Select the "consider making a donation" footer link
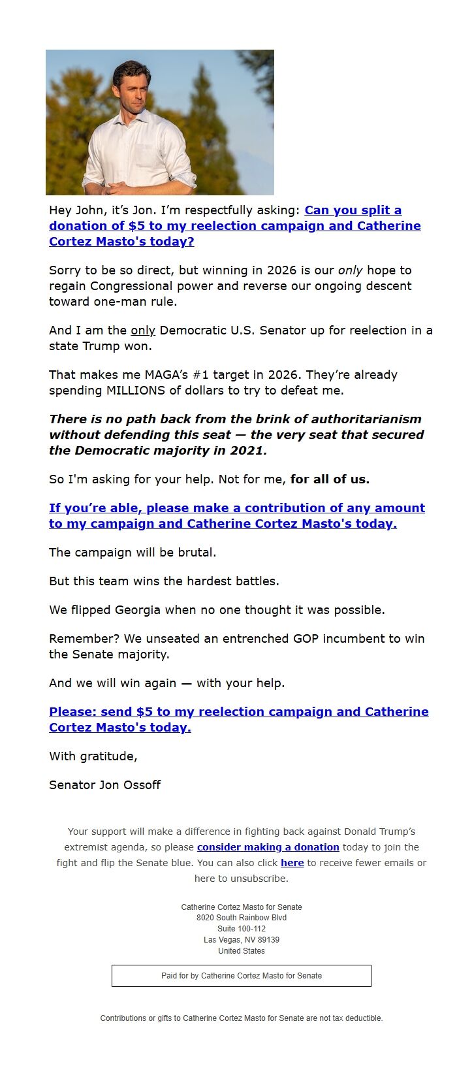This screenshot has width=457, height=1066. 268,847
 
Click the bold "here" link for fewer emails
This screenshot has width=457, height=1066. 292,863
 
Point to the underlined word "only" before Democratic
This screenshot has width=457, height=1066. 142,331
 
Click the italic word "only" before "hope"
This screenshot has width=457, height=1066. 350,270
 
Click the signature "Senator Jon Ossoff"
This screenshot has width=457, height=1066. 104,785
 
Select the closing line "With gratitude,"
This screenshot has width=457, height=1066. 93,756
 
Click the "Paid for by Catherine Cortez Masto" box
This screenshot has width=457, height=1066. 241,976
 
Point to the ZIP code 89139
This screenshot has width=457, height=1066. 268,940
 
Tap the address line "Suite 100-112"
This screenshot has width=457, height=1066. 241,929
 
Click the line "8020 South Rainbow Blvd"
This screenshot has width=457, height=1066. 241,918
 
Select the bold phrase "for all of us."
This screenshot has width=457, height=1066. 330,479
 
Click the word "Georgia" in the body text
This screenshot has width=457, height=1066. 137,610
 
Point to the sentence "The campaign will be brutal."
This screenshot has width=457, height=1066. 133,553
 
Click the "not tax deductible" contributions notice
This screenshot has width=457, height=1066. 241,1018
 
